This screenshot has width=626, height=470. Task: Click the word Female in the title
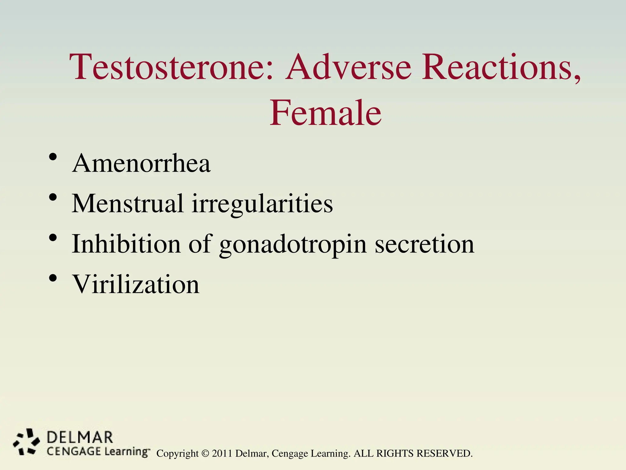point(325,113)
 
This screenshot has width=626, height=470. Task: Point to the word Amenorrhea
point(141,163)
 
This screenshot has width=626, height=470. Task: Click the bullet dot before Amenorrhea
point(53,157)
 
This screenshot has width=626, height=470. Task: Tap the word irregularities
point(262,204)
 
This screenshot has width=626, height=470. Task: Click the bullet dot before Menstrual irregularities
point(53,197)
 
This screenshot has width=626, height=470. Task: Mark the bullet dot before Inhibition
point(53,238)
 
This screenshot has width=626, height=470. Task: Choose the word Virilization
point(135,284)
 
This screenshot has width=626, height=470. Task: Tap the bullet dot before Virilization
point(53,278)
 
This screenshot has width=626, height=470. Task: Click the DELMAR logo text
point(80,438)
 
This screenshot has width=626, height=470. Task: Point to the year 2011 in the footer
point(222,453)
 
